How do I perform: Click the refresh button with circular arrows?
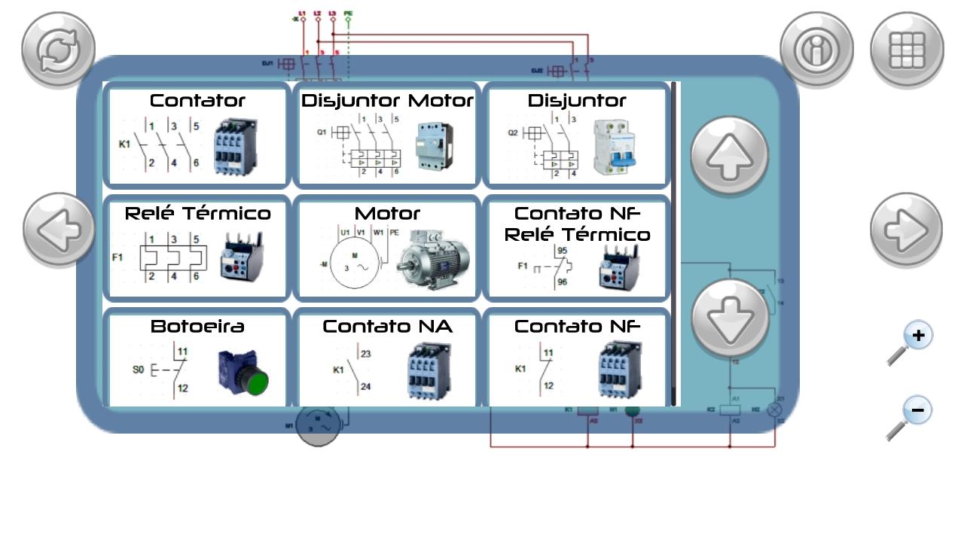[58, 49]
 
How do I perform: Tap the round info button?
[816, 49]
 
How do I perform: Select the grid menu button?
[907, 49]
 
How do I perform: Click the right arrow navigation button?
[906, 230]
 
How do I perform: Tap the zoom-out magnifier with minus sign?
[911, 419]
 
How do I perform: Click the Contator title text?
[197, 100]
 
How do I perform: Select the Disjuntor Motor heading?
[387, 100]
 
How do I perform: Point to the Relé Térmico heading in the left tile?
[197, 213]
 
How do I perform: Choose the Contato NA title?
[387, 326]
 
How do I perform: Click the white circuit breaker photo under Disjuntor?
[613, 148]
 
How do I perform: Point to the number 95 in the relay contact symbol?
[562, 250]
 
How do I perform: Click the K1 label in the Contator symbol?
[124, 144]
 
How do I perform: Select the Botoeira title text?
[197, 326]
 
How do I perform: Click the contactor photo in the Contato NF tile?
[620, 369]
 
